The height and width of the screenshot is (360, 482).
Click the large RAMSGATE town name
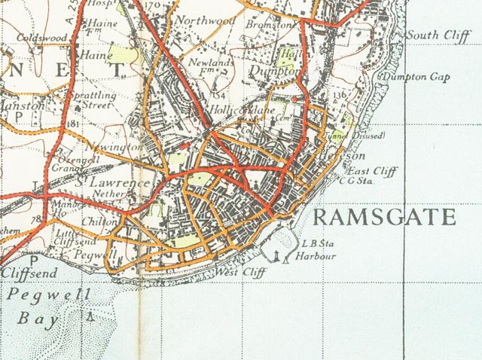pos(383,218)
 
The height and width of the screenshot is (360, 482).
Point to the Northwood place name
pos(206,21)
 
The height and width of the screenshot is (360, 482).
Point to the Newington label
pos(114,145)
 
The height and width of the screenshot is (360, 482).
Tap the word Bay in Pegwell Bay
pos(32,319)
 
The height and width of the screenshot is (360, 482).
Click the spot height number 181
pos(73,124)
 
